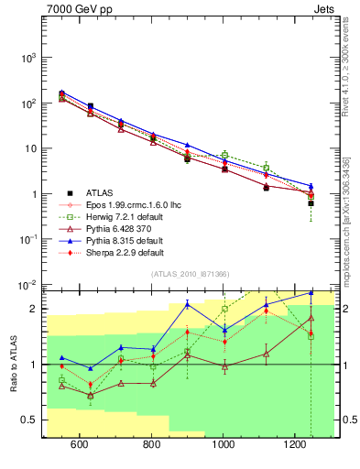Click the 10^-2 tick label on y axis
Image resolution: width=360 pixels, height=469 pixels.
pyautogui.click(x=28, y=286)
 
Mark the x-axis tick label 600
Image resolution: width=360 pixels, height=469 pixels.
pyautogui.click(x=79, y=444)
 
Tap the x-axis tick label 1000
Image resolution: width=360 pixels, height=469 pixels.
pyautogui.click(x=223, y=444)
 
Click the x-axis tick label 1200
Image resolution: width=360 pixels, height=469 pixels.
pyautogui.click(x=295, y=444)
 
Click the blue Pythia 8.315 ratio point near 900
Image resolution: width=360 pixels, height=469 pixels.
pyautogui.click(x=187, y=304)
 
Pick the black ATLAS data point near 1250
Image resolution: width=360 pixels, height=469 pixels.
pyautogui.click(x=311, y=203)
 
